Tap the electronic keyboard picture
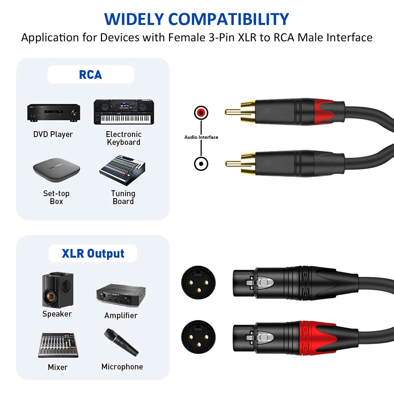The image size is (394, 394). click(x=123, y=112)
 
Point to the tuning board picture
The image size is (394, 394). click(x=123, y=170)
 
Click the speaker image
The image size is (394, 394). click(x=57, y=290)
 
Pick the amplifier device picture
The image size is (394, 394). click(x=121, y=294)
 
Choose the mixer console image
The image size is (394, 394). click(x=57, y=345)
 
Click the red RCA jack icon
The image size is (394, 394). click(x=201, y=113)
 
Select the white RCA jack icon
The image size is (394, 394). click(x=201, y=163)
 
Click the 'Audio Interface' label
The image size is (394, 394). click(x=201, y=137)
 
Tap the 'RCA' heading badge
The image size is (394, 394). click(x=91, y=74)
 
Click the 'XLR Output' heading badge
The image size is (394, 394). click(x=93, y=253)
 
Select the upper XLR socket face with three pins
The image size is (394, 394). click(x=198, y=282)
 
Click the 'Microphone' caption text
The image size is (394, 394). click(x=122, y=367)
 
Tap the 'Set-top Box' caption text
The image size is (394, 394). click(x=56, y=197)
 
